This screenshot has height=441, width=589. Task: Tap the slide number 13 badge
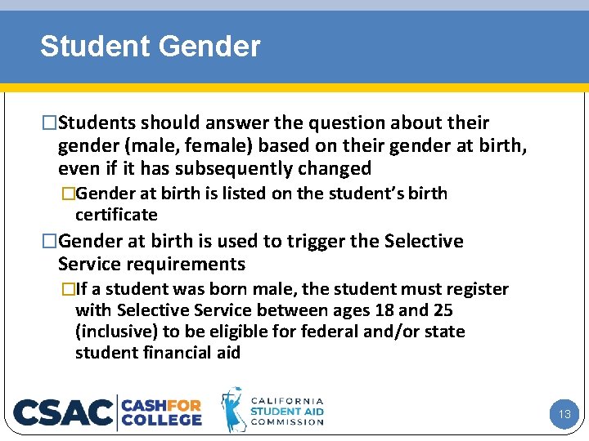(564, 414)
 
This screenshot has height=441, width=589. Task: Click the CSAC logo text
(64, 412)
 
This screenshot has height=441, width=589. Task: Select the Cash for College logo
(161, 412)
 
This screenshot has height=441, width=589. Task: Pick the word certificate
(116, 215)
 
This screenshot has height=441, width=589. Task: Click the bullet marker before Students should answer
(50, 123)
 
